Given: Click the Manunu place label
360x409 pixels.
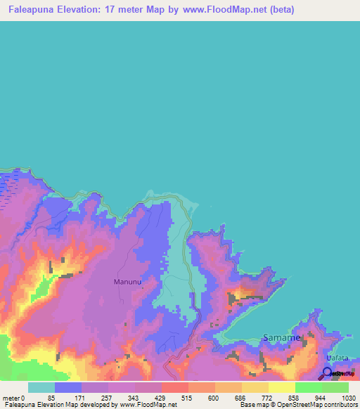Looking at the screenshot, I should (x=127, y=282).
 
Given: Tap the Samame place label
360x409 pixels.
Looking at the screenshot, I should (x=281, y=338).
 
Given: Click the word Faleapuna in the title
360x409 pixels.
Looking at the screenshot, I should (x=32, y=10).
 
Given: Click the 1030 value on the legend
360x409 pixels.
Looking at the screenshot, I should (x=340, y=398).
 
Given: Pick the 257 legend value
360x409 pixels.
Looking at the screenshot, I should (x=105, y=398).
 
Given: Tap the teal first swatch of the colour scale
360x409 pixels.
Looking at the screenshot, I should (x=41, y=387).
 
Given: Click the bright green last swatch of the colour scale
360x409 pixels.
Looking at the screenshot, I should (x=335, y=387).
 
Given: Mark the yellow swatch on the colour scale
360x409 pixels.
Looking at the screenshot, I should (x=282, y=387).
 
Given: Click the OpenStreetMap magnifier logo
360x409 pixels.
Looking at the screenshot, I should (x=326, y=374).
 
